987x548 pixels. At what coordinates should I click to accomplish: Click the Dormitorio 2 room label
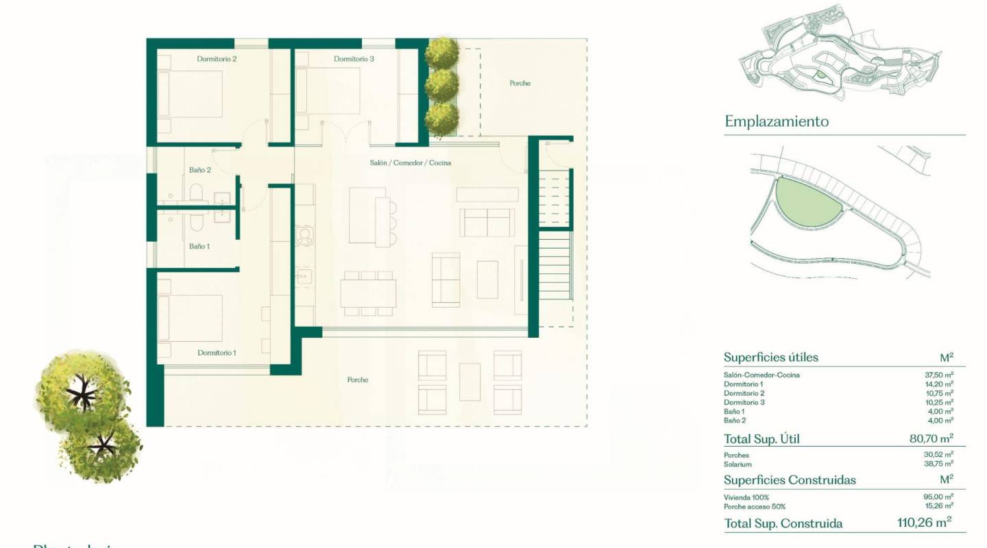(217, 59)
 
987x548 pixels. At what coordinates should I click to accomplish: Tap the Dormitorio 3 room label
(354, 59)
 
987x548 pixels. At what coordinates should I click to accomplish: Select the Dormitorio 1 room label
(217, 353)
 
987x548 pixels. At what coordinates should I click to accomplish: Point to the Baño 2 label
(199, 170)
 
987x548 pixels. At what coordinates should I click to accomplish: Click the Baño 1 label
(199, 245)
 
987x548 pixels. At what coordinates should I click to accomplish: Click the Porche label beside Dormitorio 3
(520, 84)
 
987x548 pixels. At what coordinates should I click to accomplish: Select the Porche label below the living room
(357, 379)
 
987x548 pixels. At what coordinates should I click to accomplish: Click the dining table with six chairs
(368, 293)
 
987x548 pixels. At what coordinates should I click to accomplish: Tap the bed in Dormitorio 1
(191, 318)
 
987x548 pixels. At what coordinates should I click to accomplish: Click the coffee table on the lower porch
(470, 382)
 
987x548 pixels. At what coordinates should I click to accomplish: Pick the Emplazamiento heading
(777, 122)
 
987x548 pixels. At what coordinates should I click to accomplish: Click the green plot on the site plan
(806, 202)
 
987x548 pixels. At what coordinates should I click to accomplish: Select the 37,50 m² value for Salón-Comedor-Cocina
(939, 375)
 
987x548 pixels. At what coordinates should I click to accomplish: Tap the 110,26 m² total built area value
(924, 523)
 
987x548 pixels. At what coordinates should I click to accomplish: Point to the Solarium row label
(737, 464)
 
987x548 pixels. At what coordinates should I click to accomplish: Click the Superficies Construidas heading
(790, 480)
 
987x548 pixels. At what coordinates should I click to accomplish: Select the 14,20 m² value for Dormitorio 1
(939, 384)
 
